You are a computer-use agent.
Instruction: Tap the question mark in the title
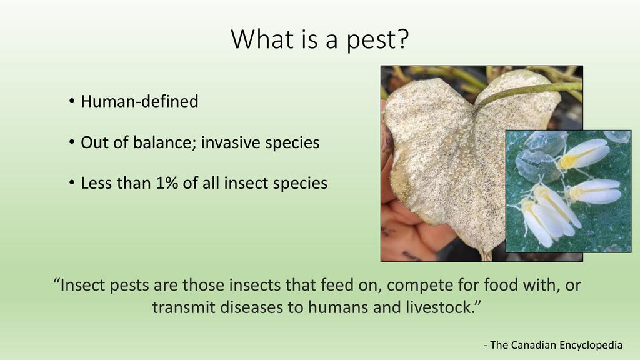(x=402, y=38)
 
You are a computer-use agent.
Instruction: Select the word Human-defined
(x=139, y=101)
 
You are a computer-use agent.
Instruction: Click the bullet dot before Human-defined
(x=72, y=101)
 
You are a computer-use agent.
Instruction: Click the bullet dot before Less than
(x=72, y=182)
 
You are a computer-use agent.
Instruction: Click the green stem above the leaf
(x=531, y=91)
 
